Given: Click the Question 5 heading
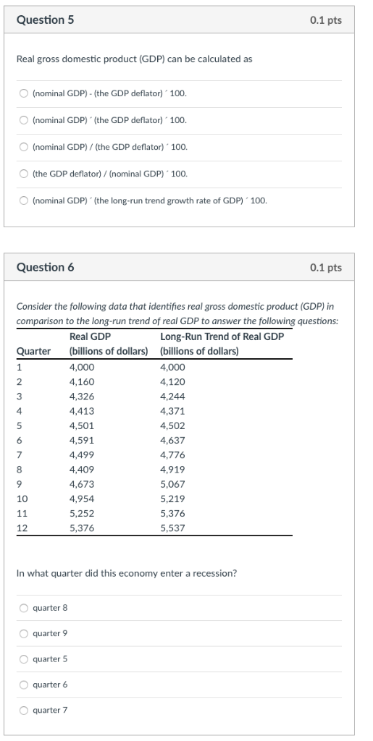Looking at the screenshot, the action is (x=45, y=21).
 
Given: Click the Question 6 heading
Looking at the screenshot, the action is (x=45, y=267).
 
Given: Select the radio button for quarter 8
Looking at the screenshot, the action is (x=24, y=608).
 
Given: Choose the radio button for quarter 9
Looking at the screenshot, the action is (x=24, y=633).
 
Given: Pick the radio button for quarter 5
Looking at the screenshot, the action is (x=24, y=659).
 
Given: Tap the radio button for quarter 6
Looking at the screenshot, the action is (x=24, y=685).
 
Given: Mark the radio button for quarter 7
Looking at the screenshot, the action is (x=24, y=710).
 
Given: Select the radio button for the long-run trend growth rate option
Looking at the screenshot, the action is (x=24, y=200).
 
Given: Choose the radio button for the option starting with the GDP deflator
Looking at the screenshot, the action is (x=24, y=174).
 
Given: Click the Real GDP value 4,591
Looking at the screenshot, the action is (x=82, y=440).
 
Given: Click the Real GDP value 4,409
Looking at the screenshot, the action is (x=82, y=469).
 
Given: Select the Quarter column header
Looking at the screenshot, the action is (x=33, y=352).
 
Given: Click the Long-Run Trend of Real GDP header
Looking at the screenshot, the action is (x=222, y=336).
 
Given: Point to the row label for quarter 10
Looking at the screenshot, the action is (x=22, y=499).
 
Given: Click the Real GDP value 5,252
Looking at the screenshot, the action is (x=82, y=513).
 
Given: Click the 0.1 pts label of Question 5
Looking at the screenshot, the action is (x=325, y=21).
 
